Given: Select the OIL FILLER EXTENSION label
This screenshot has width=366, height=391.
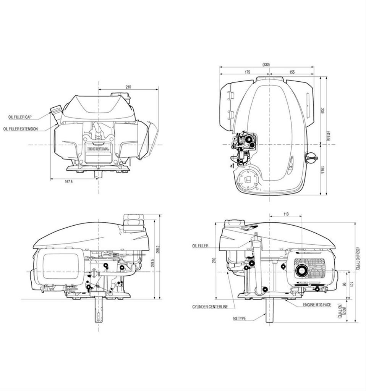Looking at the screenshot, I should click(21, 129).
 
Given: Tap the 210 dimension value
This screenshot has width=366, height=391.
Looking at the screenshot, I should click(128, 87).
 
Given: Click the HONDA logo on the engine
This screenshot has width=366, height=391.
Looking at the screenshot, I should click(98, 149).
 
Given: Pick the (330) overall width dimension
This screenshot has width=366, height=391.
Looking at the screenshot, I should click(266, 65).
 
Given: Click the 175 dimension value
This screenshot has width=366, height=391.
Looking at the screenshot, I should click(247, 72).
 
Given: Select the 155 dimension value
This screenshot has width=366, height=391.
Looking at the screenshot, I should click(292, 72).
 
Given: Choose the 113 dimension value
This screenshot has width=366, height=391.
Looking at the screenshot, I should click(286, 214).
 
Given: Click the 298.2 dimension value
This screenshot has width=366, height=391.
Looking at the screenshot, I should click(158, 249).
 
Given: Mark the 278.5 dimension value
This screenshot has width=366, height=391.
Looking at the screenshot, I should click(152, 264).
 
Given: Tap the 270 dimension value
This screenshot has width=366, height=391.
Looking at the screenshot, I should click(214, 260).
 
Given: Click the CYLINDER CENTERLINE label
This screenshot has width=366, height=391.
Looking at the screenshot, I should click(210, 307).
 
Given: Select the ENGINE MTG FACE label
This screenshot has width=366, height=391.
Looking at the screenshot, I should click(317, 305).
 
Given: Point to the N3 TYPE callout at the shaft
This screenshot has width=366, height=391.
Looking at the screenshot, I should click(240, 318).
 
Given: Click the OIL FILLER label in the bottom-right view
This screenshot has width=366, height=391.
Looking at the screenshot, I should click(200, 246).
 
